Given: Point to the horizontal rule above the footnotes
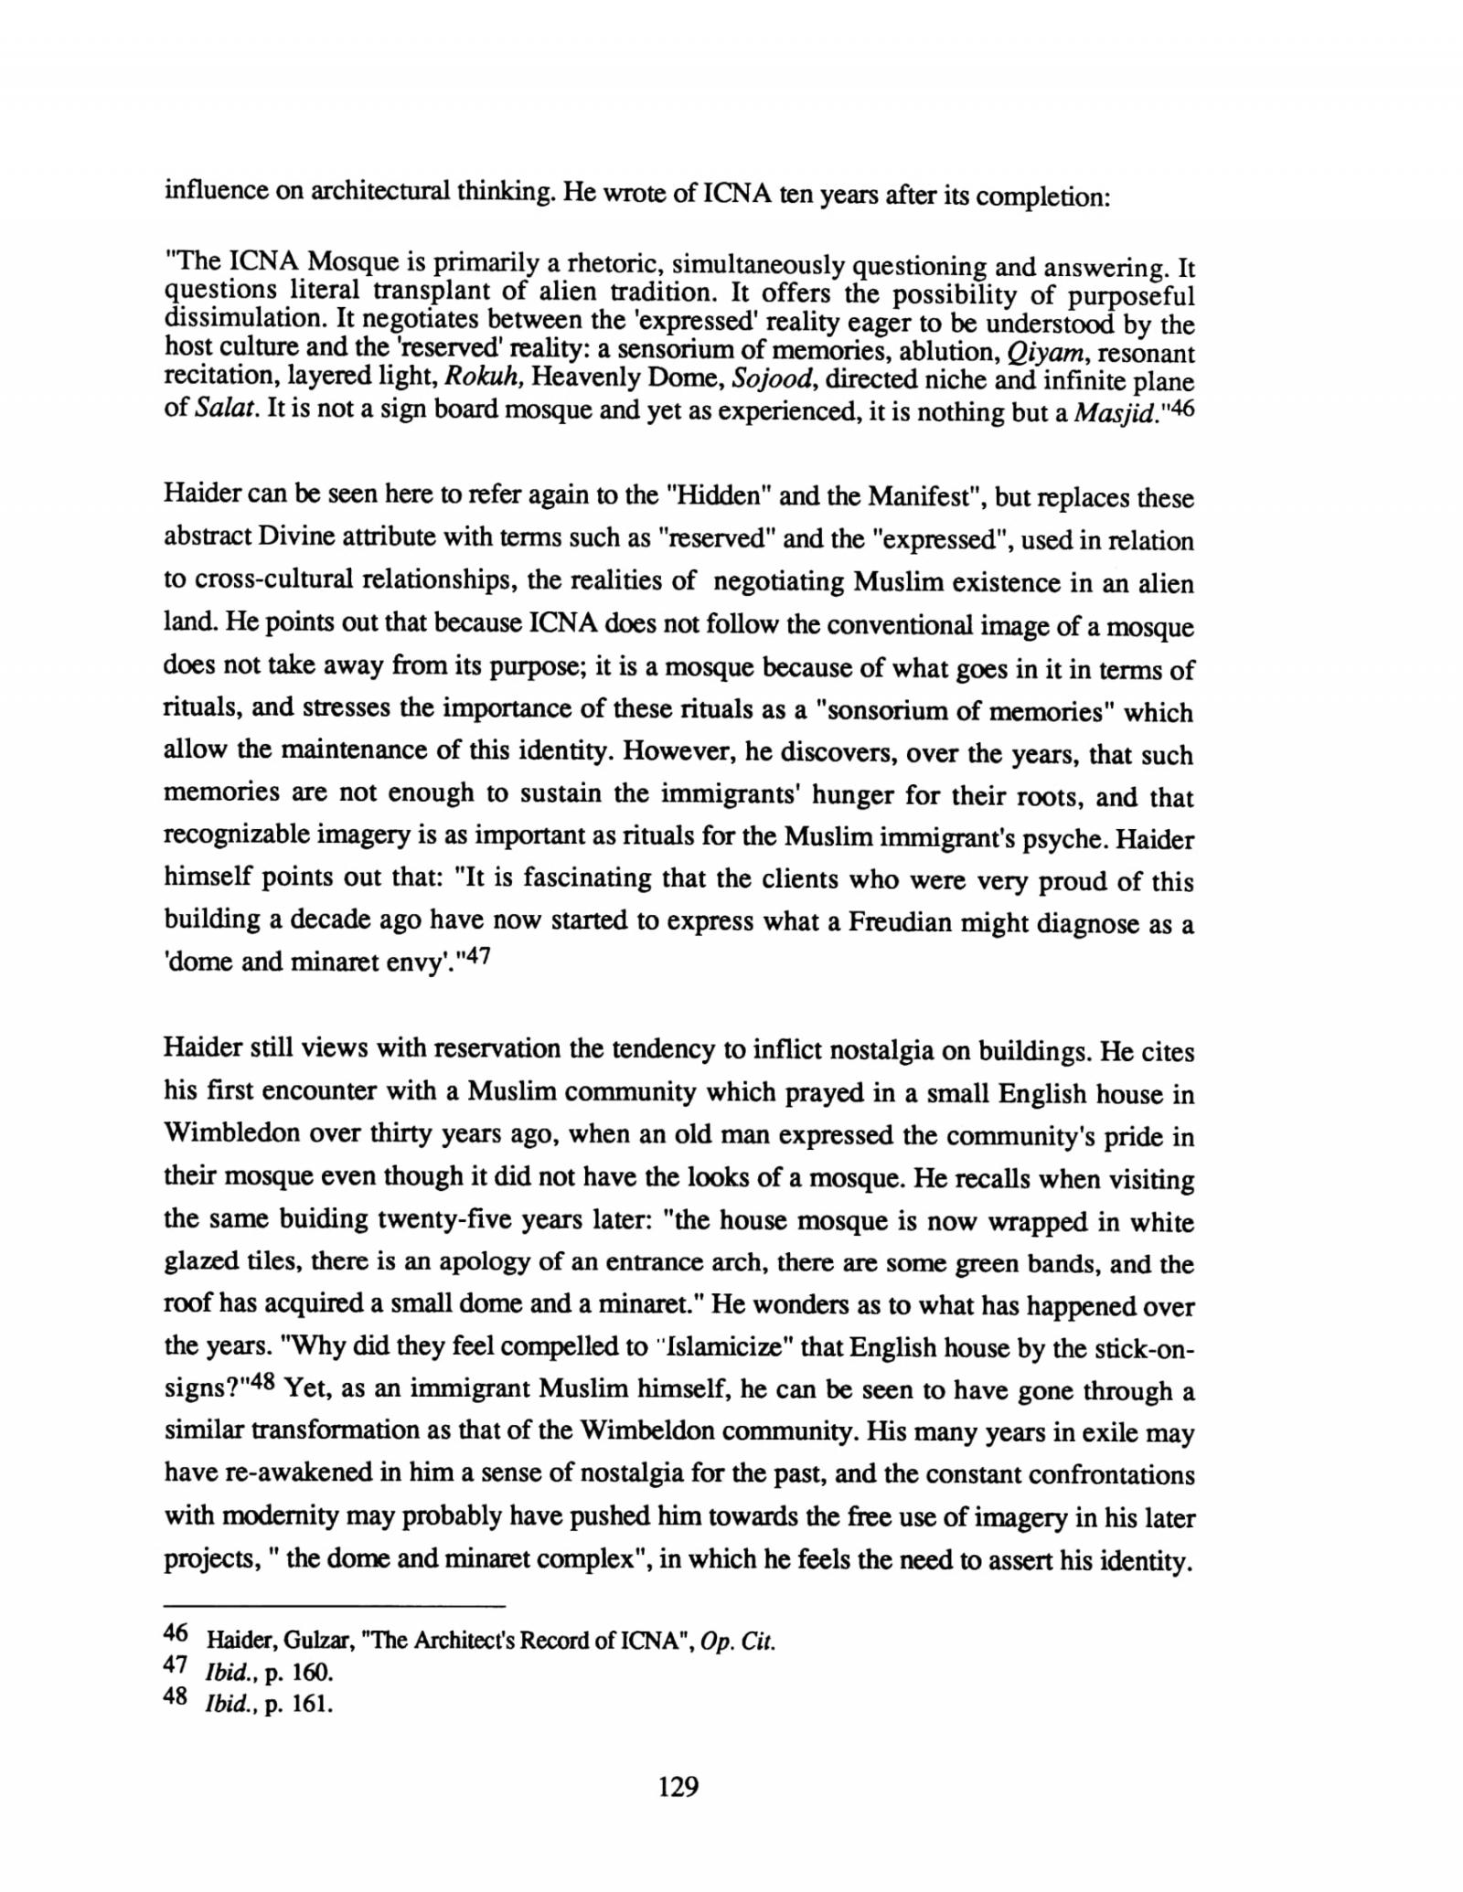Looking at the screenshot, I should (334, 1606).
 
